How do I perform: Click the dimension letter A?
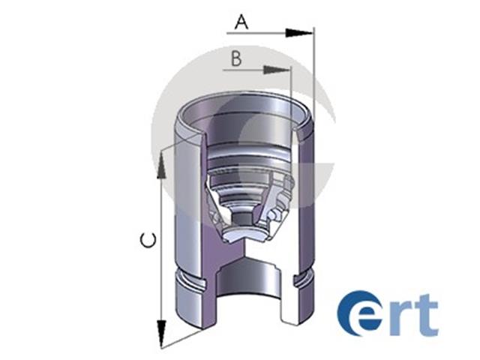(x=241, y=22)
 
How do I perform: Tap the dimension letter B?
(x=236, y=58)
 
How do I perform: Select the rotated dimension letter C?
(x=148, y=240)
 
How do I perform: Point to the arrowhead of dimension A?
(x=298, y=33)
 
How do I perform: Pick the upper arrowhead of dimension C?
(x=161, y=166)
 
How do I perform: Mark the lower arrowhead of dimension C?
(x=161, y=333)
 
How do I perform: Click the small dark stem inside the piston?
(x=242, y=218)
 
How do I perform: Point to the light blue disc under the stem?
(x=245, y=234)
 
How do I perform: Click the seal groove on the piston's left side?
(x=190, y=279)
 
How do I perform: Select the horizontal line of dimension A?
(x=270, y=33)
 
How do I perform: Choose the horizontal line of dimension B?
(x=256, y=70)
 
